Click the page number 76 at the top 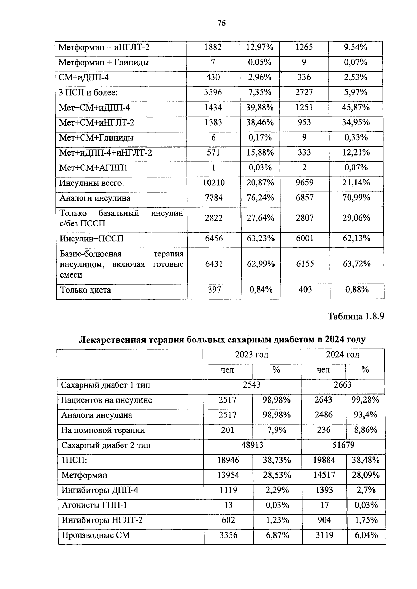click(221, 23)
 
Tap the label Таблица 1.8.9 click(356, 317)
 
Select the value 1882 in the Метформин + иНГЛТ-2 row click(213, 47)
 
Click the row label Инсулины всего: click(92, 183)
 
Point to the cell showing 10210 click(214, 183)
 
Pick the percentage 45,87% click(356, 107)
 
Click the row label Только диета click(85, 290)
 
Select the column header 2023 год click(252, 355)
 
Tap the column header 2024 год click(342, 355)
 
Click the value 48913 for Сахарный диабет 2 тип click(252, 445)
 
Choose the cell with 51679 click(343, 445)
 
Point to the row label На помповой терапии click(103, 430)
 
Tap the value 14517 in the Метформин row click(324, 475)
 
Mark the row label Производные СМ click(96, 535)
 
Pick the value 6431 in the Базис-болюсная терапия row click(214, 264)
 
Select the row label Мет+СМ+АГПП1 click(93, 168)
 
